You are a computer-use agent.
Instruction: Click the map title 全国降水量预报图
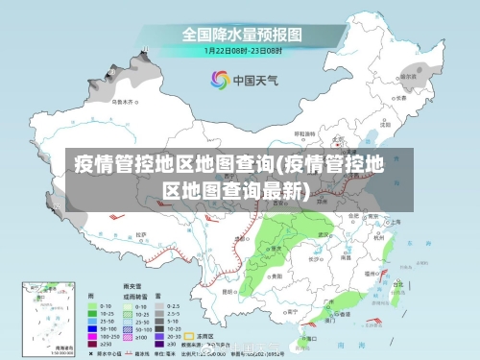(242, 33)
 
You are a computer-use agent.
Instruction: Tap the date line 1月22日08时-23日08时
(242, 49)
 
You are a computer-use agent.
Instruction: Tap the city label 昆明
(228, 291)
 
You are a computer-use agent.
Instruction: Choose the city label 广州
(328, 301)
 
